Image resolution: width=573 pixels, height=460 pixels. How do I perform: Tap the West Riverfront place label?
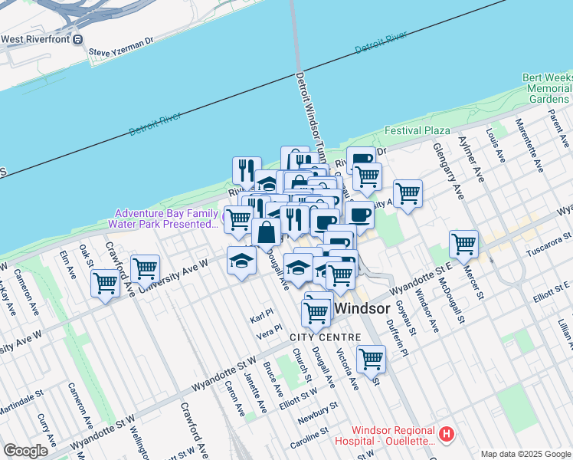(x=43, y=39)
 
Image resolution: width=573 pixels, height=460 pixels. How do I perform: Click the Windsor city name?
(x=365, y=307)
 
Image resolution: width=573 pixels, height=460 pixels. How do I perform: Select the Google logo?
(x=26, y=450)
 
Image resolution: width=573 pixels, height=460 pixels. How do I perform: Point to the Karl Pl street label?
(x=261, y=317)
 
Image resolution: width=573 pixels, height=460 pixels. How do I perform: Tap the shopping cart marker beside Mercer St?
(x=464, y=245)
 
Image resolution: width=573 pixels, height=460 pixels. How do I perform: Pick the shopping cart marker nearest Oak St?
(x=105, y=284)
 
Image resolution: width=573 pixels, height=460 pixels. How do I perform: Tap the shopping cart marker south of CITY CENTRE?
(x=371, y=358)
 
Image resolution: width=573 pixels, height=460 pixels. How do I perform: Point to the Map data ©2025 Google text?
(x=526, y=454)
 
